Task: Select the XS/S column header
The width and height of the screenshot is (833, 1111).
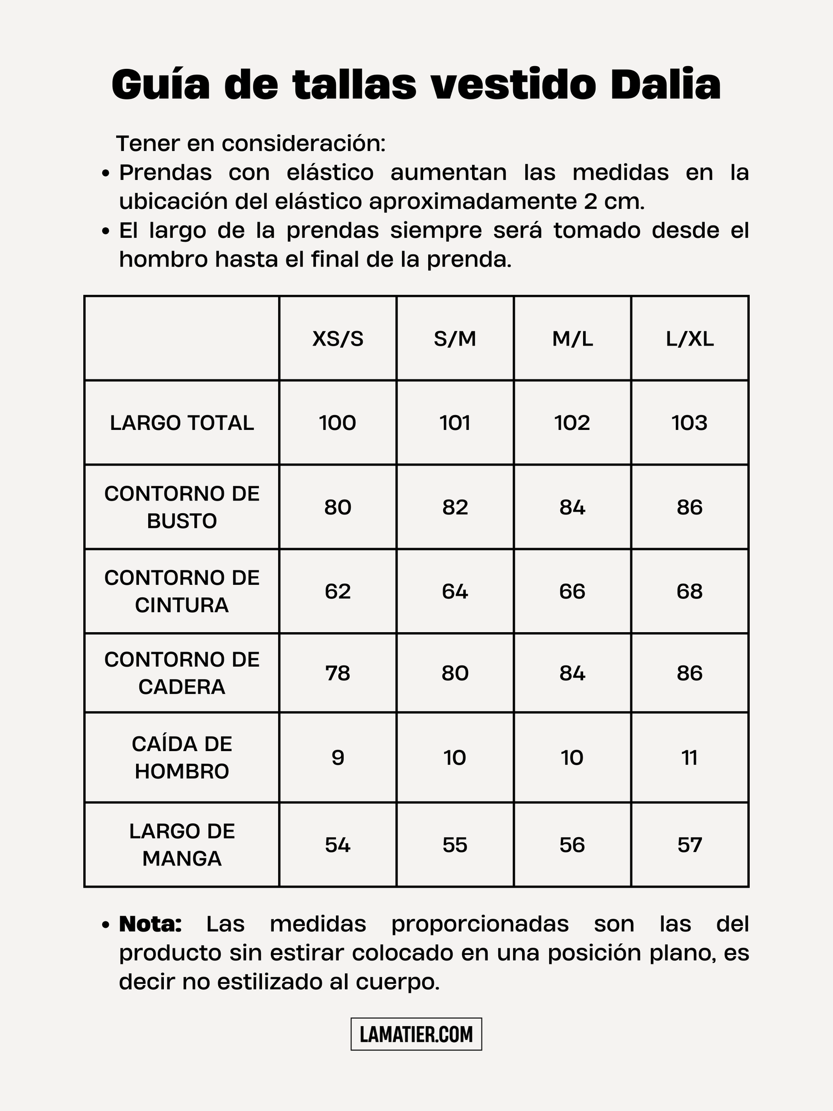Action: point(338,339)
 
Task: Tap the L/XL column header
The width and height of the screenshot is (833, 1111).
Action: point(690,339)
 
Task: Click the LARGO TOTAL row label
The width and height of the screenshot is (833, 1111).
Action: point(182,423)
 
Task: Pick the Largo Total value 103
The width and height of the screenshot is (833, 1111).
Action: point(690,423)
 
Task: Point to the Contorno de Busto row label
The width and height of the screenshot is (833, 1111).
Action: point(182,507)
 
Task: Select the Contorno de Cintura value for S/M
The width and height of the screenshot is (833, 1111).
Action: point(455,592)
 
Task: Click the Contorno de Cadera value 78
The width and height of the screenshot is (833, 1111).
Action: point(338,673)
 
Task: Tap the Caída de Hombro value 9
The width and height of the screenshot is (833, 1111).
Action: point(338,758)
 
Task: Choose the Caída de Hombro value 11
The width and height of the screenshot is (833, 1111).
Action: point(690,758)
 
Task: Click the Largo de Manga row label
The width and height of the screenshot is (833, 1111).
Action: point(182,845)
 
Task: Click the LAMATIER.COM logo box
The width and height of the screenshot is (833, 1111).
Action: point(416,1034)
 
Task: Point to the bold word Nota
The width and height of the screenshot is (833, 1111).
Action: point(150,924)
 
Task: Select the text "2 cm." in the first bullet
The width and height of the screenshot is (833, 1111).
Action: point(614,202)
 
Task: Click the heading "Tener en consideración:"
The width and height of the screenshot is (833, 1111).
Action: point(250,144)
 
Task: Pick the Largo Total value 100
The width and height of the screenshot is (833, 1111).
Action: point(338,423)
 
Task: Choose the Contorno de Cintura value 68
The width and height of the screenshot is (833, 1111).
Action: point(690,592)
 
